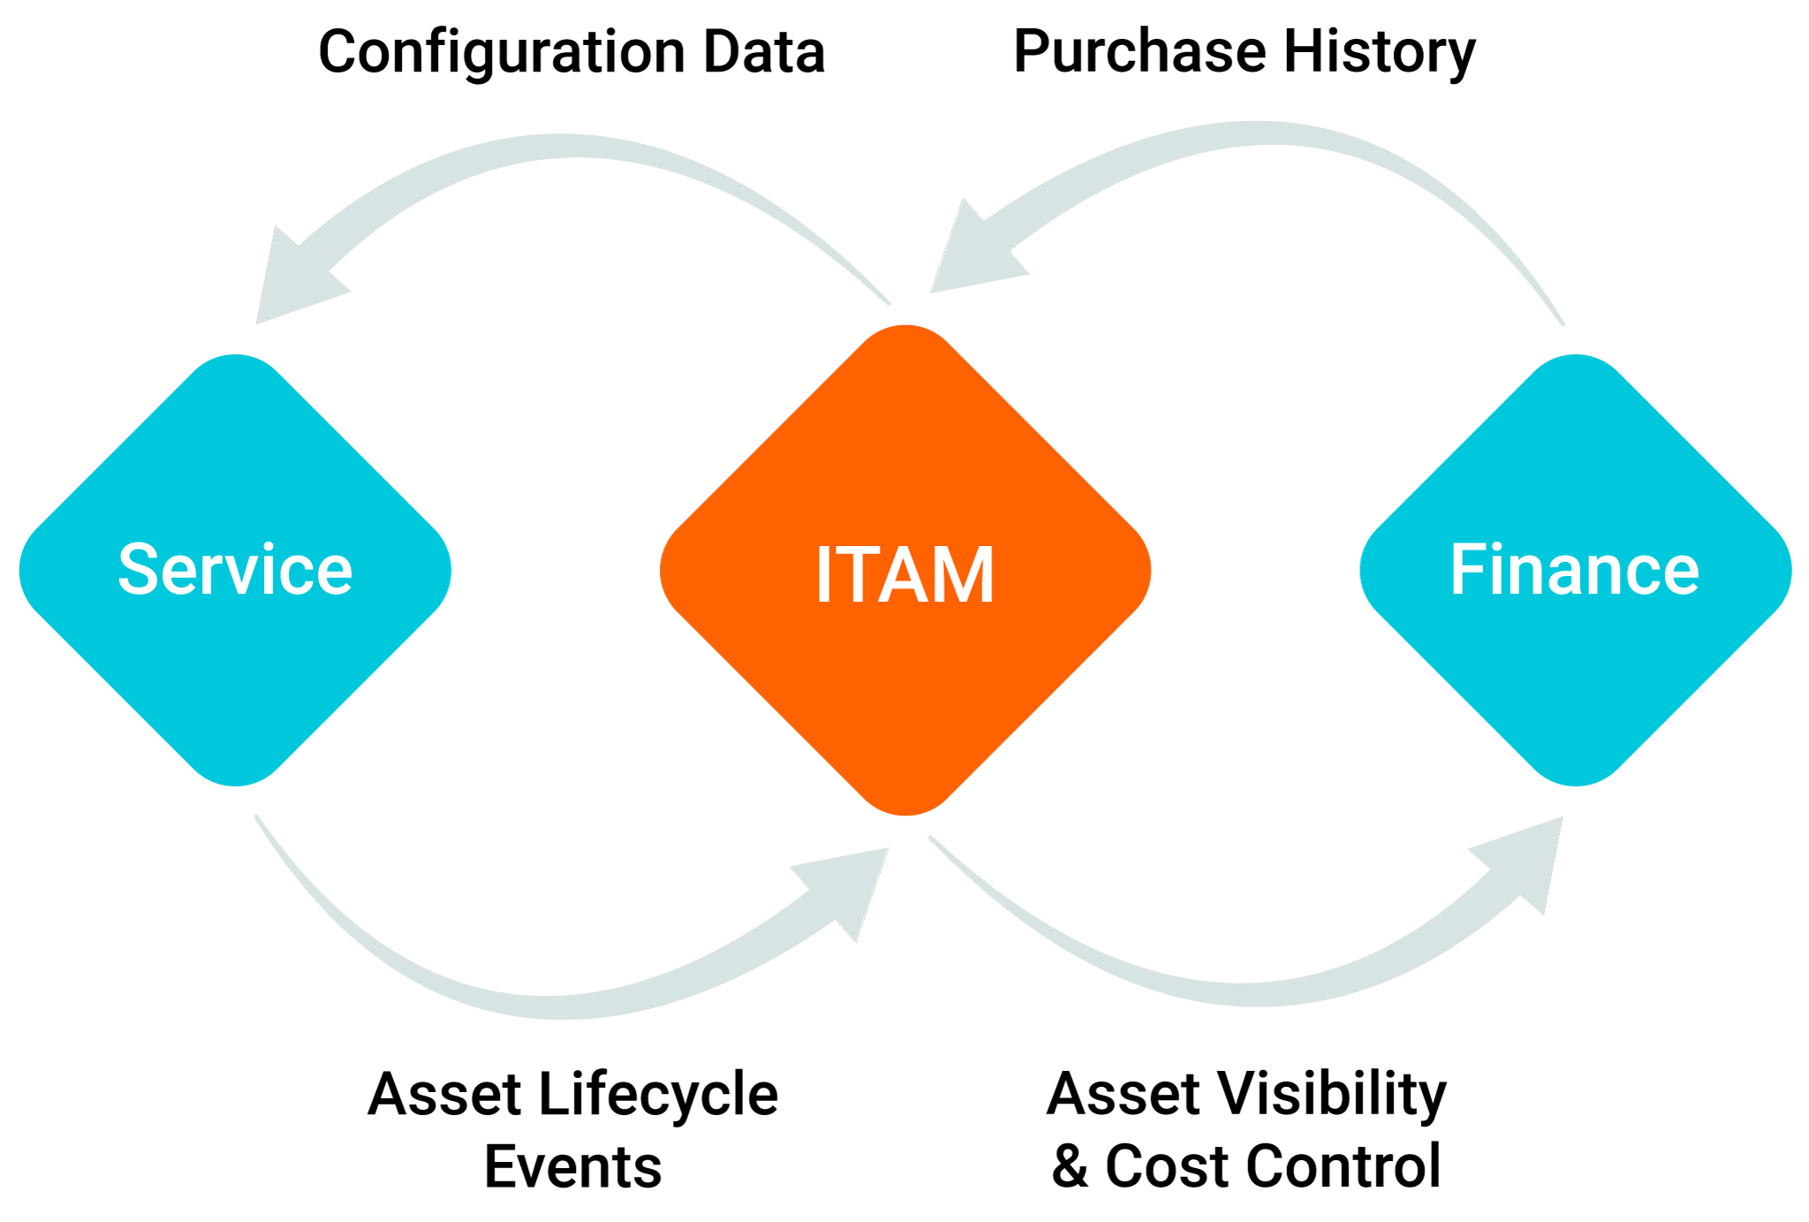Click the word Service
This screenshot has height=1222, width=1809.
(x=235, y=570)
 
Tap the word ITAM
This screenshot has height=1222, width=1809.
(x=904, y=575)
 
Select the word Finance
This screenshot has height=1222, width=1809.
(x=1574, y=570)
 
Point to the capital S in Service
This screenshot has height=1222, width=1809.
(x=139, y=570)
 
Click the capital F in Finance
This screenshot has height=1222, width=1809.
(x=1466, y=570)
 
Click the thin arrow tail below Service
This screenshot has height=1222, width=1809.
(x=274, y=844)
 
